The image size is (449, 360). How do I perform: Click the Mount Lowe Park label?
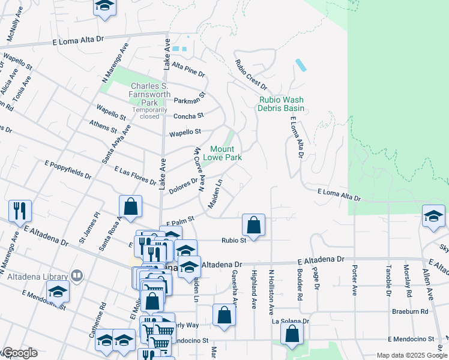[225, 153]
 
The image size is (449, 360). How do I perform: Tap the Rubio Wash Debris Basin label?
[281, 104]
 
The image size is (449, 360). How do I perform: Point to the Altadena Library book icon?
[77, 275]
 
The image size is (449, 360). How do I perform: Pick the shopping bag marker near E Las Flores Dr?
[130, 207]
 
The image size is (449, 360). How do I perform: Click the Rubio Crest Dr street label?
[250, 76]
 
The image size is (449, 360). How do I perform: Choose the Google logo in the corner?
[20, 353]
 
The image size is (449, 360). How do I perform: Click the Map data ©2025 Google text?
[411, 355]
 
